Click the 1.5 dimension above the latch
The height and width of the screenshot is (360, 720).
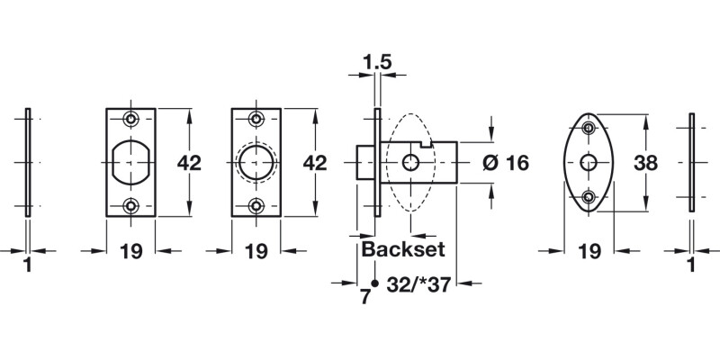(x=376, y=62)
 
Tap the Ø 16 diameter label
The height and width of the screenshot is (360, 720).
(x=505, y=163)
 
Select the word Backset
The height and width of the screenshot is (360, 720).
(x=404, y=250)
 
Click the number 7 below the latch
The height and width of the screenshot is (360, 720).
(x=365, y=297)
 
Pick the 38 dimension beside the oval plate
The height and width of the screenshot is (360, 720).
(x=646, y=163)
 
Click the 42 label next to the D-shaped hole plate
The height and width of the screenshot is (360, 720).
(x=187, y=163)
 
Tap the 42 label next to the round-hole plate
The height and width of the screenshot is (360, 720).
(x=313, y=163)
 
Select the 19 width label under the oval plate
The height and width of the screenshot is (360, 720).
(x=589, y=252)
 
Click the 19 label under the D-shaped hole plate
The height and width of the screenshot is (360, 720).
(x=131, y=252)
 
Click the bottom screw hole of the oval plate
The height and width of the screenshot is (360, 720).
(x=589, y=196)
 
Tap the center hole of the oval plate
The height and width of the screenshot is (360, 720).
(x=589, y=163)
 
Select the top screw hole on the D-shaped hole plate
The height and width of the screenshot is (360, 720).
(x=131, y=120)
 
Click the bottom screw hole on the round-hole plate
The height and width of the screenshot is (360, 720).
(x=256, y=206)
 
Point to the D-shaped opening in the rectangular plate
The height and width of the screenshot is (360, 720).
(x=130, y=163)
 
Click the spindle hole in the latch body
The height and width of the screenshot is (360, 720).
(x=410, y=163)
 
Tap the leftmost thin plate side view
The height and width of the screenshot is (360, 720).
(x=30, y=163)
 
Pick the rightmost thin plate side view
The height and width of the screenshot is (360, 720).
(x=691, y=163)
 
